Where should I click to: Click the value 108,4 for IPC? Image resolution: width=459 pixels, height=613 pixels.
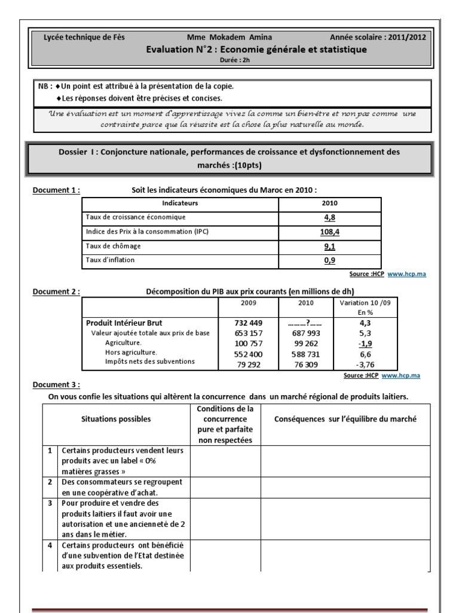[x=329, y=232]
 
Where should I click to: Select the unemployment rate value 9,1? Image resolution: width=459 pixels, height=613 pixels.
[x=329, y=246]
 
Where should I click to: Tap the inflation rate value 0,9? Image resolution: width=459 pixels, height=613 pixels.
[x=329, y=260]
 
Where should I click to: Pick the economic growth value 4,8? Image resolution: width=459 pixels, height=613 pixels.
[x=329, y=217]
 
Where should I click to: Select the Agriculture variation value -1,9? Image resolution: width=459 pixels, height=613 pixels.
[x=365, y=343]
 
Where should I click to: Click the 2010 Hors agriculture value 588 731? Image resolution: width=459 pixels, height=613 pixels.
[x=306, y=353]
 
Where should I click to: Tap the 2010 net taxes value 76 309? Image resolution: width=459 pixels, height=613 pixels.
[x=306, y=363]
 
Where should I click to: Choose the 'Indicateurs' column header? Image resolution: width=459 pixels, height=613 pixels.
[x=180, y=204]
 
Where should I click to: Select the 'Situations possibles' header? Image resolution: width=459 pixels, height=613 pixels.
[x=116, y=419]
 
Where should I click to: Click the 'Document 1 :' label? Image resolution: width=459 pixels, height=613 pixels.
[x=56, y=190]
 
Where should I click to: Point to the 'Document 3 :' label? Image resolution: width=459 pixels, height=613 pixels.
[x=56, y=385]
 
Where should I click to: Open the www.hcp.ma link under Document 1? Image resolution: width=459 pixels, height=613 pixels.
[x=406, y=274]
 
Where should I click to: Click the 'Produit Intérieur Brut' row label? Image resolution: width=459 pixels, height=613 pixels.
[x=124, y=323]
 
